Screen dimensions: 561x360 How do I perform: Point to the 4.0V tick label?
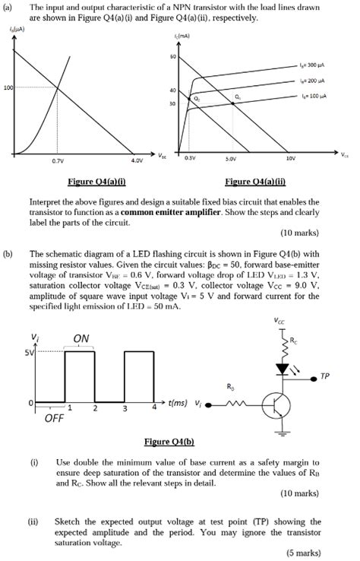click(x=136, y=161)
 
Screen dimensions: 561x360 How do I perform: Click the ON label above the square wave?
click(x=81, y=338)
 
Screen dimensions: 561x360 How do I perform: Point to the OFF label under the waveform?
click(x=54, y=418)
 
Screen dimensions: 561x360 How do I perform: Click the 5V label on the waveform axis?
click(x=30, y=353)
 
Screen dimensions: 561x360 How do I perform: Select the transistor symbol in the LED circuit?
click(x=276, y=406)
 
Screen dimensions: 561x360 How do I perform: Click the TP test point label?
click(x=325, y=376)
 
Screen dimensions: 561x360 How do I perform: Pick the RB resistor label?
click(x=231, y=387)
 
